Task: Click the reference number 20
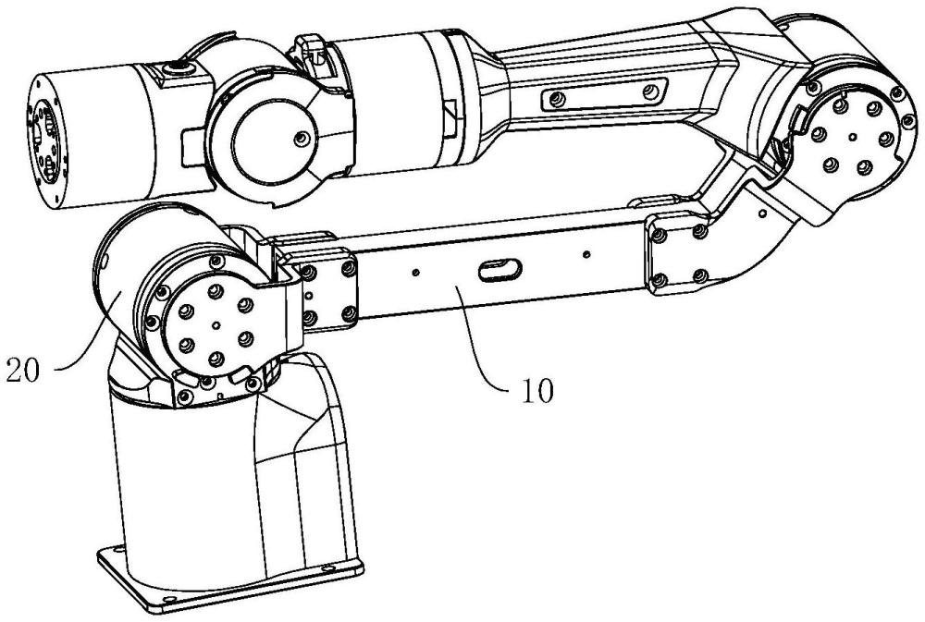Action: click(x=23, y=371)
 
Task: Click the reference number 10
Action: click(x=538, y=391)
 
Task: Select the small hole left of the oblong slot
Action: click(x=416, y=272)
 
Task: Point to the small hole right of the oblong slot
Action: click(x=586, y=254)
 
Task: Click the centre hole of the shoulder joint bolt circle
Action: click(x=216, y=324)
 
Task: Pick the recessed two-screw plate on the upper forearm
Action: click(x=603, y=94)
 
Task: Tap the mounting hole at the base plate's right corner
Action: click(x=327, y=569)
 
